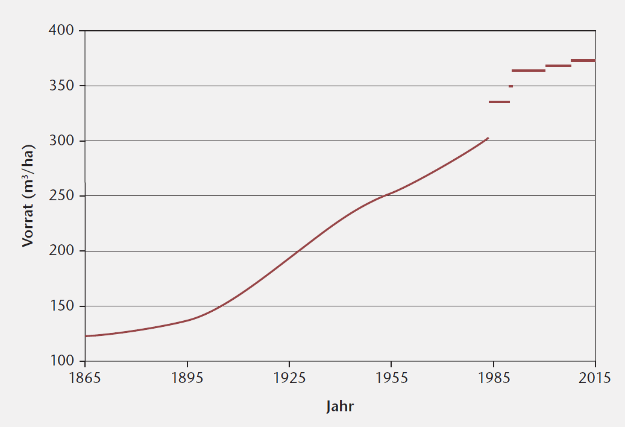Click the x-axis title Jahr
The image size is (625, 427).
(x=340, y=406)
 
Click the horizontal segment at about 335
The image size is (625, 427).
(x=499, y=102)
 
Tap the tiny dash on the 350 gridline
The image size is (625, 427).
(x=510, y=86)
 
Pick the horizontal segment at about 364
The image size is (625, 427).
(x=528, y=71)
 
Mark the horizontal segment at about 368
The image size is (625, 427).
(x=558, y=66)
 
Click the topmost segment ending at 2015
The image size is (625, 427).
(x=583, y=60)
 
